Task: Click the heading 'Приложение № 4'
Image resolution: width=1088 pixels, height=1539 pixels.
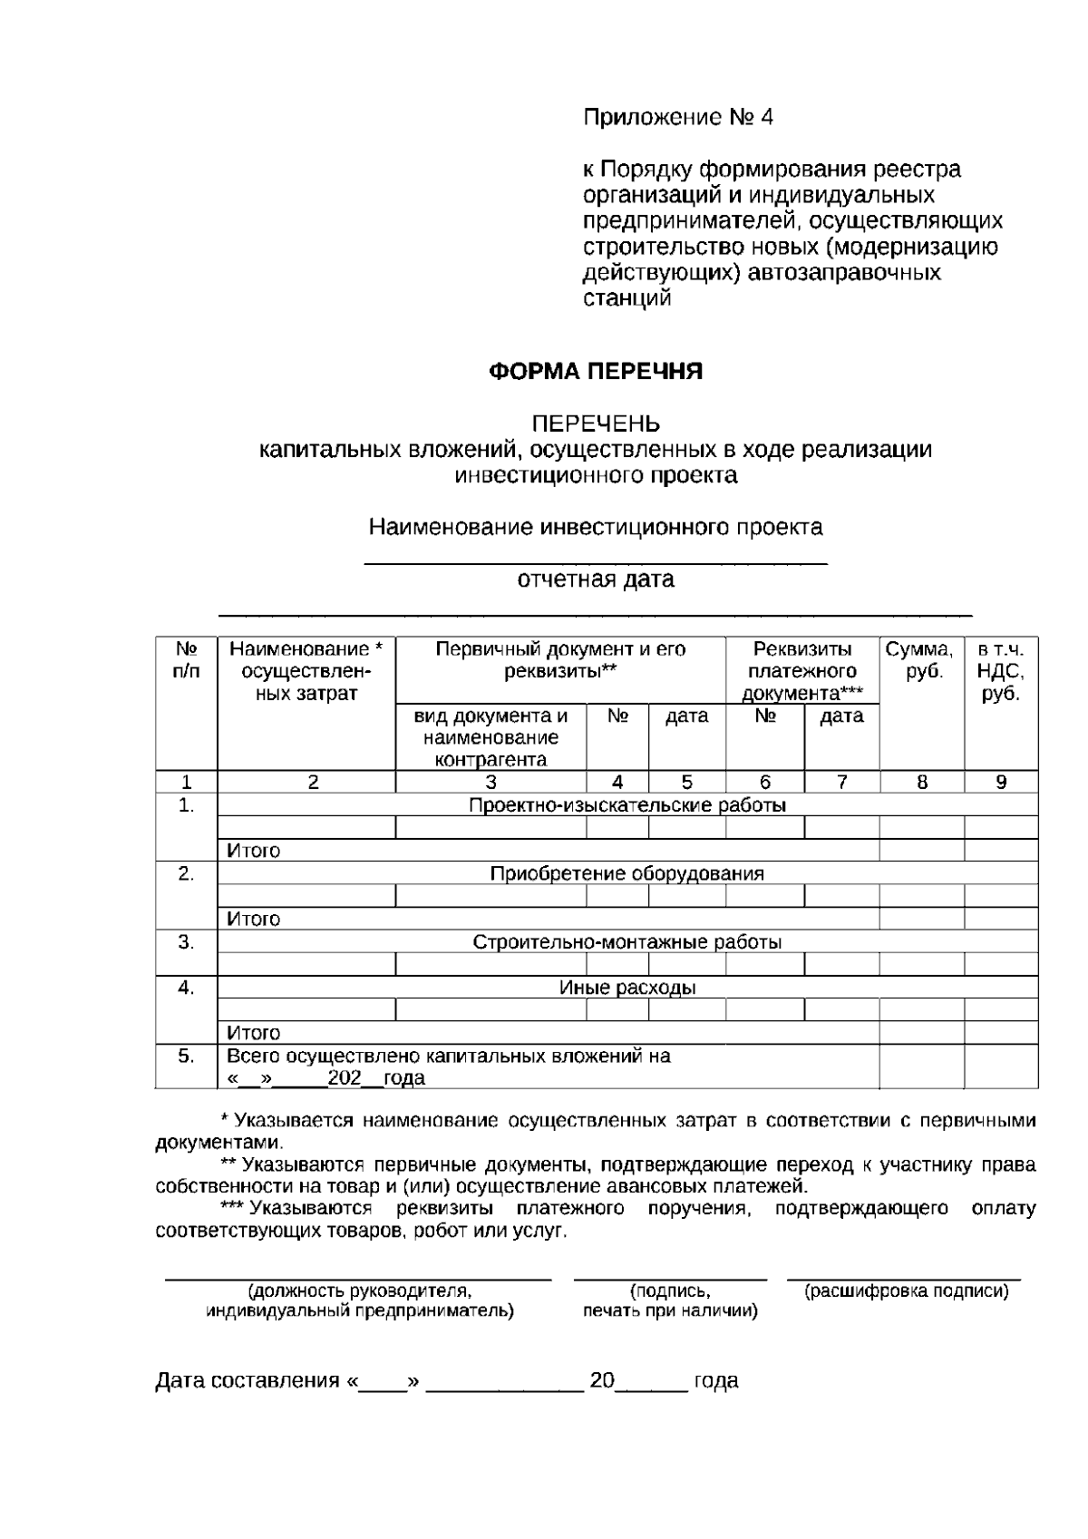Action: pyautogui.click(x=677, y=118)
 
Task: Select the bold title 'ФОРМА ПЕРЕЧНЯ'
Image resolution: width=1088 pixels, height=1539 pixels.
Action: pyautogui.click(x=596, y=372)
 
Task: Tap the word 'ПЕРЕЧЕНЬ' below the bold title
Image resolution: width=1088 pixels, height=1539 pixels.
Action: pyautogui.click(x=596, y=424)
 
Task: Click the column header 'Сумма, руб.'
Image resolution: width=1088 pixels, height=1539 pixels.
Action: pyautogui.click(x=920, y=661)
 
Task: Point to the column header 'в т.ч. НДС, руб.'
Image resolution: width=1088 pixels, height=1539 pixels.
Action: pyautogui.click(x=1000, y=672)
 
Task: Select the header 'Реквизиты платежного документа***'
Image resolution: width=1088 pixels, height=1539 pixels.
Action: pyautogui.click(x=802, y=672)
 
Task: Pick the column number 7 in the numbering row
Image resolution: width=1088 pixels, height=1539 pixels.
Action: pyautogui.click(x=841, y=782)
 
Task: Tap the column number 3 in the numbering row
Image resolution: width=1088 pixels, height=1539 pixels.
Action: pyautogui.click(x=491, y=782)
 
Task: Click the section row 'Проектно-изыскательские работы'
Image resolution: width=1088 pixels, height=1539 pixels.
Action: pyautogui.click(x=627, y=805)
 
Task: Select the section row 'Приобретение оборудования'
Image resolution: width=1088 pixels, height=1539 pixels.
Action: pyautogui.click(x=627, y=874)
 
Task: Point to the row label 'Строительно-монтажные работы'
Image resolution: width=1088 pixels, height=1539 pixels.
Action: pyautogui.click(x=627, y=942)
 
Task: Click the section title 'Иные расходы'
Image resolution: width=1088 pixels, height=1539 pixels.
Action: pyautogui.click(x=627, y=988)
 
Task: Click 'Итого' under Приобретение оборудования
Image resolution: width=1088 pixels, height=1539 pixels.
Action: pyautogui.click(x=253, y=920)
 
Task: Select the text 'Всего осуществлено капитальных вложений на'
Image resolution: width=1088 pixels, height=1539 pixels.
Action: pyautogui.click(x=448, y=1057)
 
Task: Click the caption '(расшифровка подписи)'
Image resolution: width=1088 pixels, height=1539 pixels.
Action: pyautogui.click(x=906, y=1291)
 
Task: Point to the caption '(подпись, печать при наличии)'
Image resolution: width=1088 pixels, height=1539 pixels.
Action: pyautogui.click(x=670, y=1301)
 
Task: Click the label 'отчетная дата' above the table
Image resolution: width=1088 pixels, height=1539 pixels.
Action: pyautogui.click(x=596, y=580)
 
